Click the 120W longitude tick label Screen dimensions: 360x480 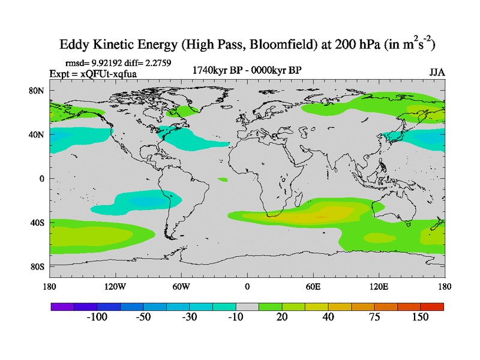click(x=115, y=286)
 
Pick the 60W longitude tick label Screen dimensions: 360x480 click(x=181, y=286)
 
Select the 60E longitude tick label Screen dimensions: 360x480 click(x=313, y=286)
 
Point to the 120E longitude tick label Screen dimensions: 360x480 click(x=379, y=286)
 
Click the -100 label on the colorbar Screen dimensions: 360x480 click(x=97, y=317)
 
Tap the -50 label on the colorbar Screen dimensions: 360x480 click(x=143, y=317)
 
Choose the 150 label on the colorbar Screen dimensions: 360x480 click(x=420, y=317)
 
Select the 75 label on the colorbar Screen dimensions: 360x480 click(x=374, y=317)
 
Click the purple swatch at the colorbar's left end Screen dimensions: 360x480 click(x=62, y=306)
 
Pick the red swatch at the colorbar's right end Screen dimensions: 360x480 click(x=432, y=306)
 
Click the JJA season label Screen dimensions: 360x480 click(x=437, y=72)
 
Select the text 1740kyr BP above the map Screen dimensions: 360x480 click(x=217, y=70)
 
